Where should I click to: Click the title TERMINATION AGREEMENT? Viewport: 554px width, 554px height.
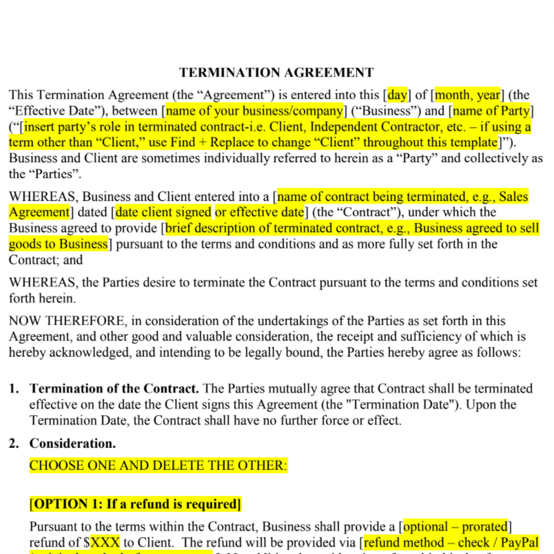pos(276,72)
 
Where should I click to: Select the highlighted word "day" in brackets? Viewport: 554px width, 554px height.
pos(397,95)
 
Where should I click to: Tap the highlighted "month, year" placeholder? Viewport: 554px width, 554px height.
pos(467,95)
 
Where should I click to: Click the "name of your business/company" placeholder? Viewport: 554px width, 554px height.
pos(255,111)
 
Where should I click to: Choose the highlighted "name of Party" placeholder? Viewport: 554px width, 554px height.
pos(491,111)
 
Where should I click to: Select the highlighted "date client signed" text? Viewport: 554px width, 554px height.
pos(163,212)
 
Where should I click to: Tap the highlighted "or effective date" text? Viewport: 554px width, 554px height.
pos(260,212)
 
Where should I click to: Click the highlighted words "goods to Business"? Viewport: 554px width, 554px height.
pos(58,244)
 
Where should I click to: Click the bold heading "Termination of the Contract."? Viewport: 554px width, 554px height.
pos(114,388)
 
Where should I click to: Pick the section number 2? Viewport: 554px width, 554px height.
pos(14,443)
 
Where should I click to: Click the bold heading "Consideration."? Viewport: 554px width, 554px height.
pos(72,443)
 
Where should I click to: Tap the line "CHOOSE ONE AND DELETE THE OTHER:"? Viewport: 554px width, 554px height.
pos(158,465)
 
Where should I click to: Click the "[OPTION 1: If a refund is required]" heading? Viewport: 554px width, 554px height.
pos(135,504)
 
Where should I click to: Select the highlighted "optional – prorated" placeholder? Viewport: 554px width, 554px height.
pos(455,527)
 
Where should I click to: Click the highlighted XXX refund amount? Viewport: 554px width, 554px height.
pos(105,542)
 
